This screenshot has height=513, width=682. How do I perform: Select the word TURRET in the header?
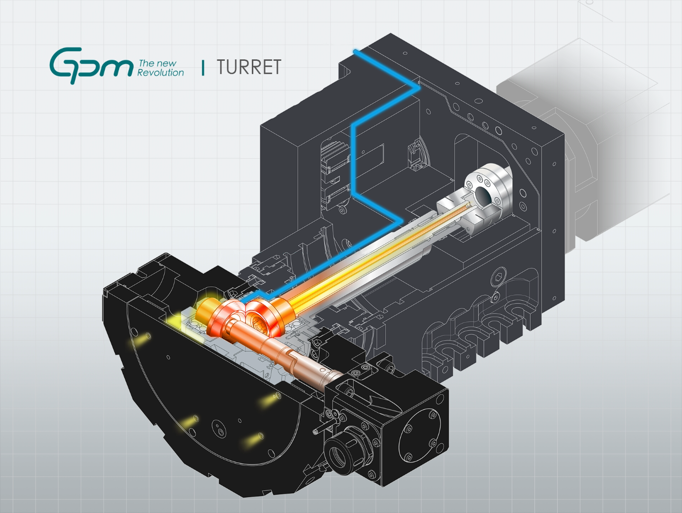click(x=249, y=67)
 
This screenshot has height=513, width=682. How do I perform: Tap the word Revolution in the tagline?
click(x=160, y=73)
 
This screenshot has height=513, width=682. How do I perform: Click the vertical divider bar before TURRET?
click(x=203, y=67)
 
